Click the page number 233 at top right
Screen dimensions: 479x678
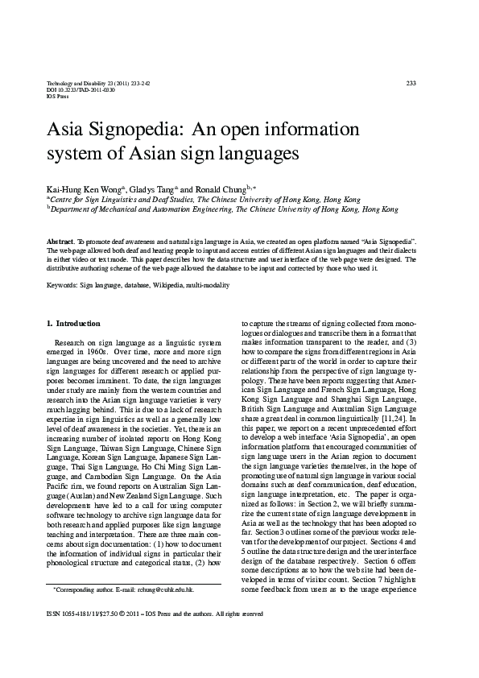point(411,83)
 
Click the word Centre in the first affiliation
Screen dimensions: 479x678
point(65,198)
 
